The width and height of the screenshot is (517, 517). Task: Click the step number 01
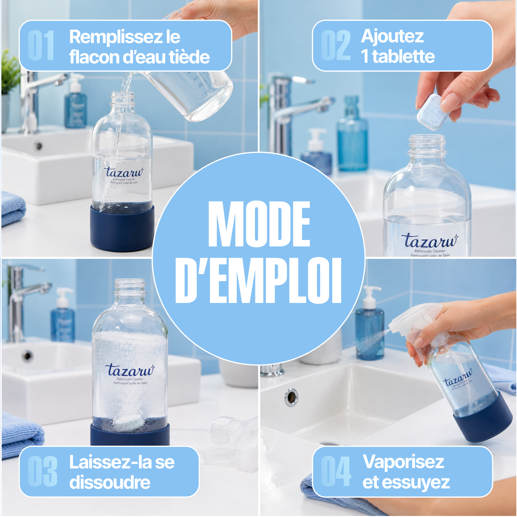click(41, 45)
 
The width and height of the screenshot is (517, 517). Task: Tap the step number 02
click(336, 45)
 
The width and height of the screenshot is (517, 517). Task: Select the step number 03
click(42, 471)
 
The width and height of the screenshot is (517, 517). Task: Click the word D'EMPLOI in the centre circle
click(258, 281)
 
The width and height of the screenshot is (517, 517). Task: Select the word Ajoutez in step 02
click(392, 37)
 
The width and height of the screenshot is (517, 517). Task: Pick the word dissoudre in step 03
click(110, 482)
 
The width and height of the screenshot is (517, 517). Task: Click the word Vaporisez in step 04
click(403, 463)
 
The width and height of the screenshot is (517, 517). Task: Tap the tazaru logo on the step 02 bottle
click(429, 241)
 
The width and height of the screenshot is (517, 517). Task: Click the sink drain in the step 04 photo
click(291, 397)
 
